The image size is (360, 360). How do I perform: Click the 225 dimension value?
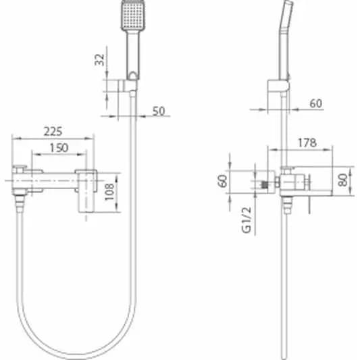[53, 132]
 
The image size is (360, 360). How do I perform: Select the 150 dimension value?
[59, 148]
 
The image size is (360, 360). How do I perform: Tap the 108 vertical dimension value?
[109, 192]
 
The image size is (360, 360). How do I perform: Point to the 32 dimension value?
[99, 59]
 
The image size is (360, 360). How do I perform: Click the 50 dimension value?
[159, 111]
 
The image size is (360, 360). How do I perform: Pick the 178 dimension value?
[307, 143]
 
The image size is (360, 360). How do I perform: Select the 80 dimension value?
[342, 180]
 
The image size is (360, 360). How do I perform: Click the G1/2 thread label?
[247, 220]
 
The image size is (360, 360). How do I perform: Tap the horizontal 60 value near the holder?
[316, 103]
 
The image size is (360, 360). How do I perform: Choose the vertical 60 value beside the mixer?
[222, 181]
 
